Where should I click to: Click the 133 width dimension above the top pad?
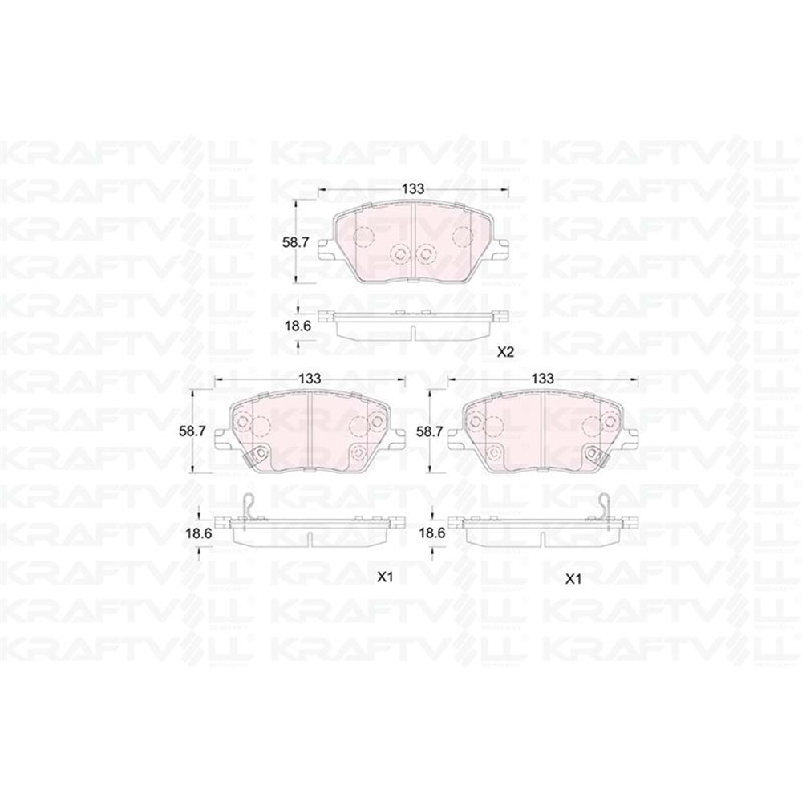pos(413,188)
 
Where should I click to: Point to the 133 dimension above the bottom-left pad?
pos(310,378)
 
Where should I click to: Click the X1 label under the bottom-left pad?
pos(384,576)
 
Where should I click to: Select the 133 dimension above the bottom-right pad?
pos(543,378)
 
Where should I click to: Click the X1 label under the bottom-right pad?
pos(572,578)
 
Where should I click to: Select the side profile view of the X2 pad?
pos(413,325)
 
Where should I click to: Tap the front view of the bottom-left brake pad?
pos(310,431)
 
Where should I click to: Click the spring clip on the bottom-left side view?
pos(250,508)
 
